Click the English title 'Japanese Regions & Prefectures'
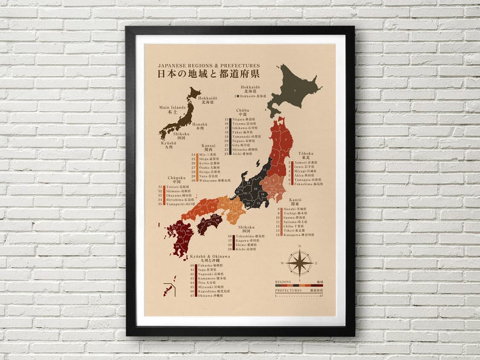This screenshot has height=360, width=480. click(x=209, y=65)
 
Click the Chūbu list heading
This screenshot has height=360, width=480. click(x=242, y=112)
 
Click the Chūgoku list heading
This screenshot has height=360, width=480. click(x=177, y=179)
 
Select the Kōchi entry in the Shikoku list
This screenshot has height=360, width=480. click(x=245, y=249)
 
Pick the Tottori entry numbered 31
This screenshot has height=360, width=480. click(x=182, y=187)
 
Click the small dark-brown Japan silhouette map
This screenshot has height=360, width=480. click(x=180, y=116)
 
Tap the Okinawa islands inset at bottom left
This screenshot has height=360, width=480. click(x=167, y=289)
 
